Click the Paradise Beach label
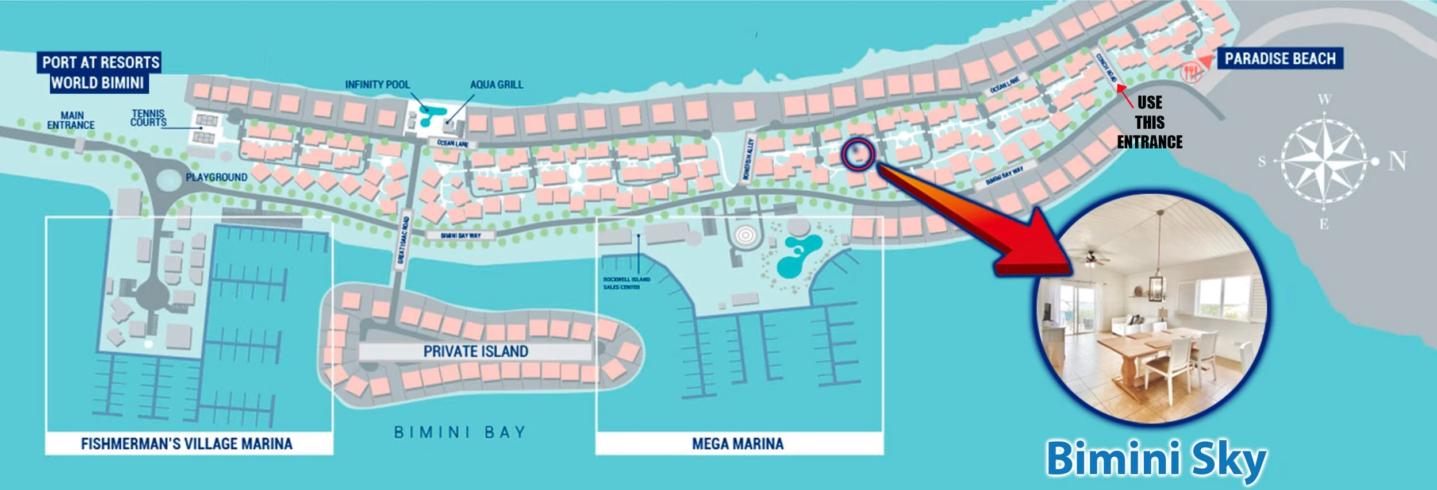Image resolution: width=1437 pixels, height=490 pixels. point(1280,59)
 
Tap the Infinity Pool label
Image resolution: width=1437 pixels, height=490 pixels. point(377,85)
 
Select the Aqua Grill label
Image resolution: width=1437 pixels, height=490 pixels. point(497,85)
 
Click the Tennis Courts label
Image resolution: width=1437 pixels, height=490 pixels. point(148,118)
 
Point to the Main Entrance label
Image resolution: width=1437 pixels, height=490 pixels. point(71,121)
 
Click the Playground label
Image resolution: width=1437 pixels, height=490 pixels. point(217,178)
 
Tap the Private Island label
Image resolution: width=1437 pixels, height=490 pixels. point(475,352)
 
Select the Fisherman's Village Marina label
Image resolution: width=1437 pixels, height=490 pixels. point(187,443)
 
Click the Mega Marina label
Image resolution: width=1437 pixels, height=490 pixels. point(737,443)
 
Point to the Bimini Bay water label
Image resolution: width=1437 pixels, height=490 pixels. point(460,432)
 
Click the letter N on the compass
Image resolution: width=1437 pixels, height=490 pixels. point(1397,161)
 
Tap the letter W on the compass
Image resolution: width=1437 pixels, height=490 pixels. point(1324,99)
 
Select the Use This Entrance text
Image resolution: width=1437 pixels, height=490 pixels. point(1150,122)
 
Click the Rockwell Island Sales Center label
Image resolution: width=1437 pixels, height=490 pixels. point(626,283)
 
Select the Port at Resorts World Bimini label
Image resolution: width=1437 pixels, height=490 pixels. point(99,72)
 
